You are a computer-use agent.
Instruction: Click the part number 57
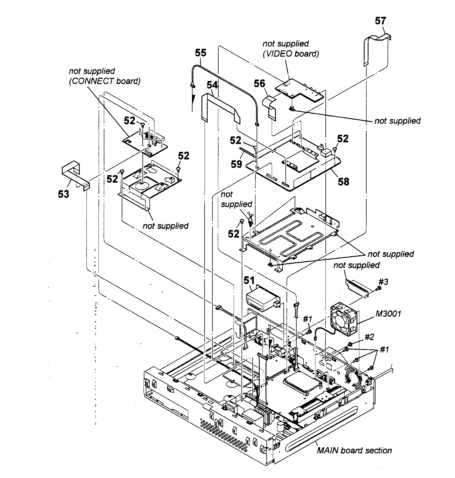coord(380,21)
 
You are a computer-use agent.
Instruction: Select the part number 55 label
coord(200,53)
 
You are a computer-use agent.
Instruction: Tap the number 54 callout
coord(212,85)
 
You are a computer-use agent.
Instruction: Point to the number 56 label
coord(259,84)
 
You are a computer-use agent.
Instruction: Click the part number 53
coord(64,194)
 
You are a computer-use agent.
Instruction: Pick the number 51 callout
coord(249,280)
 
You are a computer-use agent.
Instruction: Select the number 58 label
coord(343,182)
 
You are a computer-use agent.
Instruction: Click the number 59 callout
coord(236,164)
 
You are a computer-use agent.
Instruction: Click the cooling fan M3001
coord(344,319)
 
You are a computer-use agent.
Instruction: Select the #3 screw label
coord(383,282)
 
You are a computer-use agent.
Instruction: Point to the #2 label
coord(369,337)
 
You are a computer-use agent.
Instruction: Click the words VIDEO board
coord(291,54)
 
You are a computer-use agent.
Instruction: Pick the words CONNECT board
coord(105,81)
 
